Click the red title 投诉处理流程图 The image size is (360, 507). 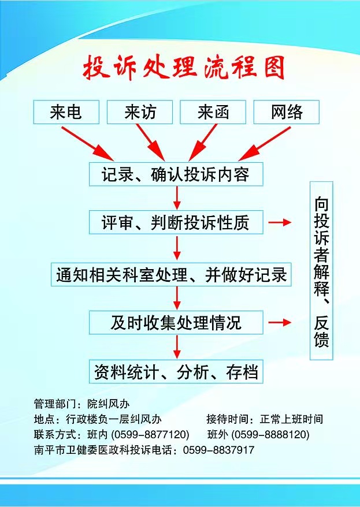coord(183,68)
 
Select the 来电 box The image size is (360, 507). coord(66,112)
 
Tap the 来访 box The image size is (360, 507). coord(140,112)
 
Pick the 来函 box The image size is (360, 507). coord(213,112)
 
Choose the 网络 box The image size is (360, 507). coord(287,112)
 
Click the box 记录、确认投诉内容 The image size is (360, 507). coord(176,174)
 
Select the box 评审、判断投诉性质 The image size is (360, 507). coord(176,222)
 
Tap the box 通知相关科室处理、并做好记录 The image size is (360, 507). coord(171,274)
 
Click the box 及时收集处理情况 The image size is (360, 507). coord(176,322)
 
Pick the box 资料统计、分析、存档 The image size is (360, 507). coord(176,371)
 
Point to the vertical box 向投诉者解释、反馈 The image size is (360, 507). coord(321,271)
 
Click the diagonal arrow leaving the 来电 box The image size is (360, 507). coord(87,144)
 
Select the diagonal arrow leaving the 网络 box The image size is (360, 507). coord(265,144)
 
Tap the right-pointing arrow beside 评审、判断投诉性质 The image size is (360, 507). coord(280,222)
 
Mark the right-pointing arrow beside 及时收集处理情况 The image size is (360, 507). coord(280,322)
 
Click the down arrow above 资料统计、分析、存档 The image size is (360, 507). coord(177,347)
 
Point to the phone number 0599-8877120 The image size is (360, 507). coord(150,434)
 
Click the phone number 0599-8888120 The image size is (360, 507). coord(270,434)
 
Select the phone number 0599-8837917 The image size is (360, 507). coord(218,450)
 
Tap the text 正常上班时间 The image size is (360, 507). coord(291,419)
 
